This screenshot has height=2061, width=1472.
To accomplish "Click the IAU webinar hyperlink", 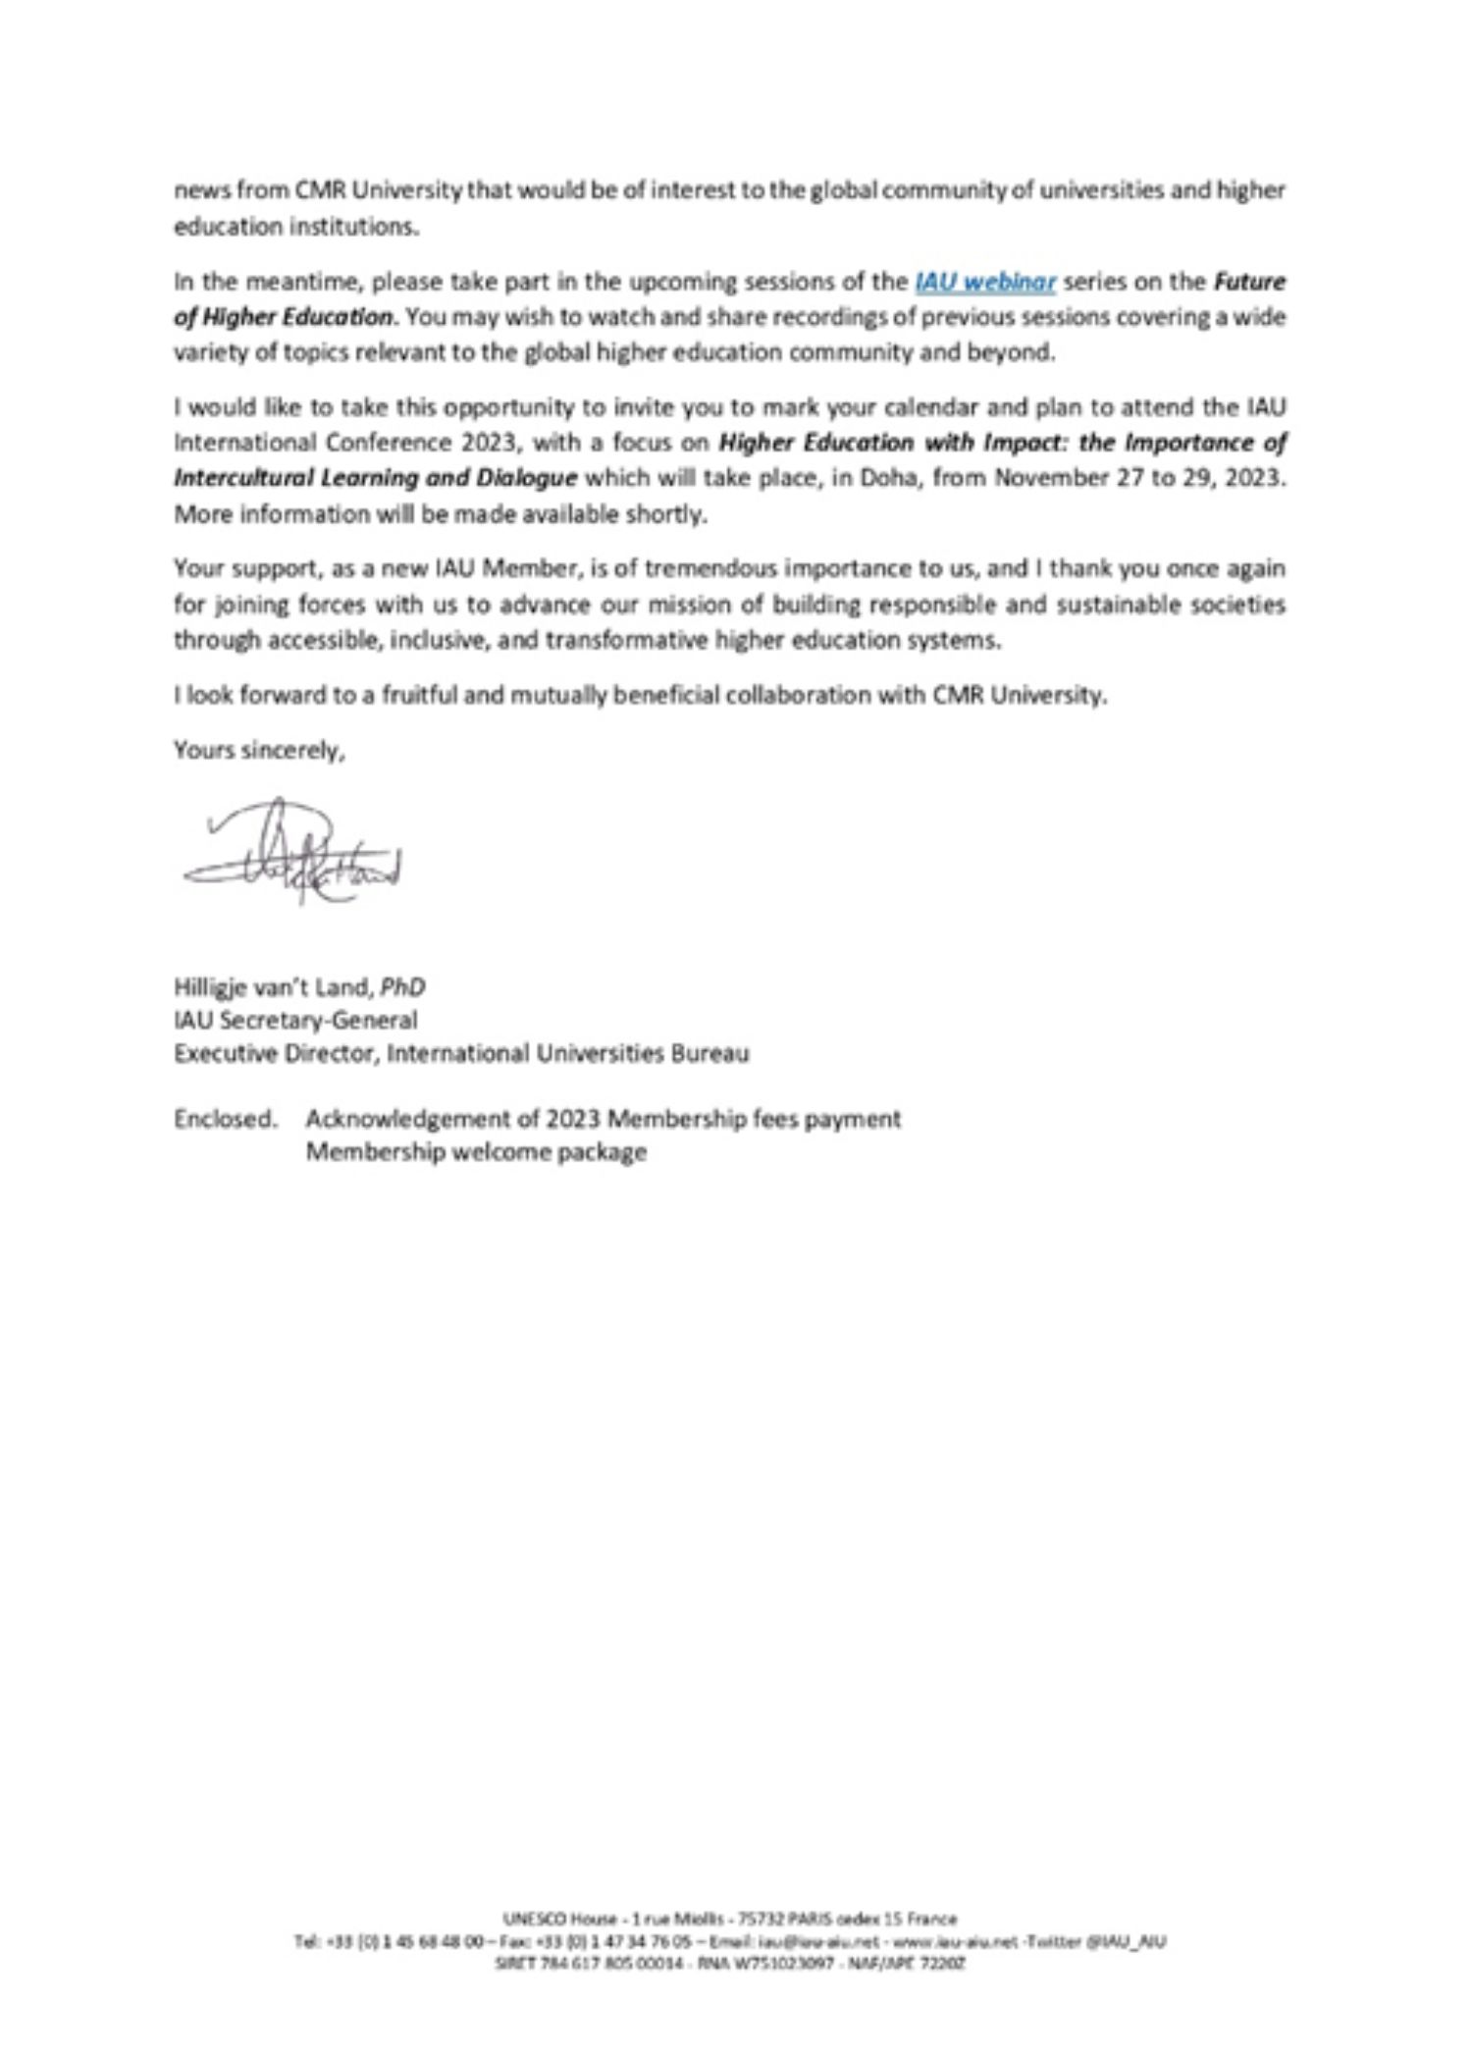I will coord(984,283).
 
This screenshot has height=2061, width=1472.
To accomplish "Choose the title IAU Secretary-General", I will coord(295,1020).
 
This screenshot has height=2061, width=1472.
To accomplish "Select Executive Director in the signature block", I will coord(275,1053).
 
